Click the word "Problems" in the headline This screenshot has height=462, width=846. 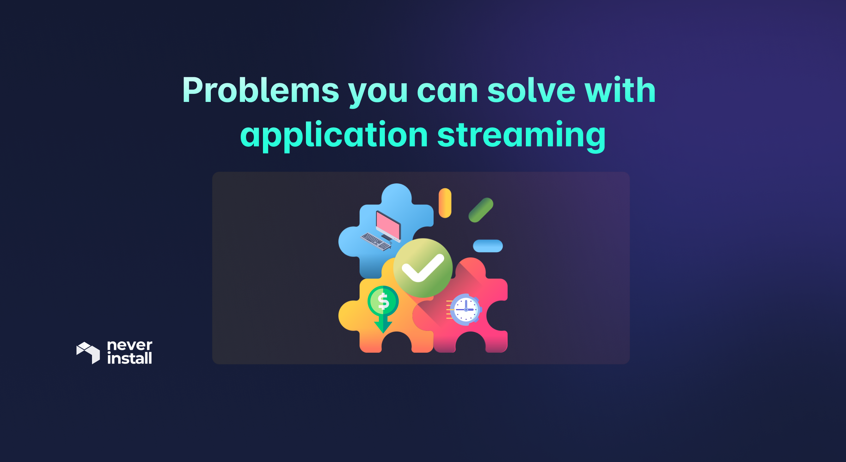point(260,91)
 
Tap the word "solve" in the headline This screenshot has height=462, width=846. point(531,91)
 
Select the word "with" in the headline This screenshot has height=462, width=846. point(620,91)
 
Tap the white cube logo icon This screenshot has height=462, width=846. point(88,352)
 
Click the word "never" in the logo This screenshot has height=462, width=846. point(130,345)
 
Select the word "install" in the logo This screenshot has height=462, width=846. point(130,358)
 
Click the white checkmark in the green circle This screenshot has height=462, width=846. point(423,268)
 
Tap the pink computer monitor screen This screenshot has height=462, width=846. point(388,226)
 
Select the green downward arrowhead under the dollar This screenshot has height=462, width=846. point(383,327)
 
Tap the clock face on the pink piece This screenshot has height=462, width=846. point(466,310)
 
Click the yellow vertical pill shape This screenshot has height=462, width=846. point(445,203)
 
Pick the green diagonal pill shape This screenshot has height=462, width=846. point(481,210)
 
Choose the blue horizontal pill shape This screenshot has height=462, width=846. point(488,246)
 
